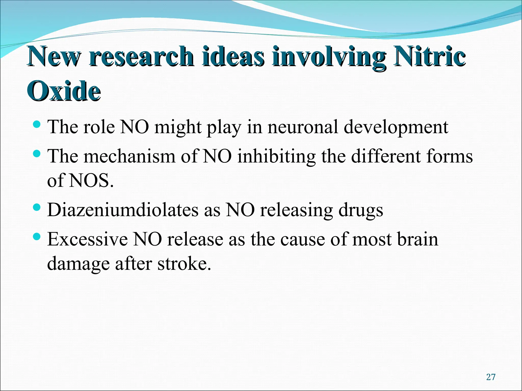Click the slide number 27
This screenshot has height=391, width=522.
[491, 377]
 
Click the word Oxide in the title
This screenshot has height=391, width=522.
[64, 91]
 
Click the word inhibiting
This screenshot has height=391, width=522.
[276, 157]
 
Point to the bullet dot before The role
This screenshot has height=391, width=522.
[37, 124]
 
